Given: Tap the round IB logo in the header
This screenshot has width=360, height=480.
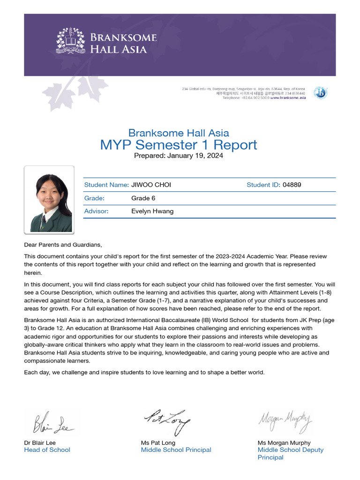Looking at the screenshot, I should tap(320, 93).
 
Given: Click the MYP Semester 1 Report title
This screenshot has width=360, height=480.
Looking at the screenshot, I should tap(179, 145).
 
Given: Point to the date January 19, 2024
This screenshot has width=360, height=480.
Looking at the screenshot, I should tap(195, 156).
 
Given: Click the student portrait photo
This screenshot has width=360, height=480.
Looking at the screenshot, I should tap(49, 200).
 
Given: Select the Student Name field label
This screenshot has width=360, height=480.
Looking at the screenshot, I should tap(106, 185).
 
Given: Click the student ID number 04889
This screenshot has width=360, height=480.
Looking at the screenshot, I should tap(292, 185).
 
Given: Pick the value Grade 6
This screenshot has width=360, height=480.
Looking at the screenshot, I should tap(143, 198).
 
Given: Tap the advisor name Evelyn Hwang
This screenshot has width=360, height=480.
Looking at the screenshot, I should tap(152, 211).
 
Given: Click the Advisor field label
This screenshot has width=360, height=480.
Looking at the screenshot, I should tap(96, 211).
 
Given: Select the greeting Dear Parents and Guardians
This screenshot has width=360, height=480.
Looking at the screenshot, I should tap(63, 245).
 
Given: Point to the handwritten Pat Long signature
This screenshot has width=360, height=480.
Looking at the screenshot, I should tap(166, 420).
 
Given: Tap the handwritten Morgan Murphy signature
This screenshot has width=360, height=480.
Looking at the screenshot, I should tap(285, 420).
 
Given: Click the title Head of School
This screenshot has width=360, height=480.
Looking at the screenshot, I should tap(47, 450).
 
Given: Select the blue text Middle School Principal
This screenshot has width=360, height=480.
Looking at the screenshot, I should tap(176, 450).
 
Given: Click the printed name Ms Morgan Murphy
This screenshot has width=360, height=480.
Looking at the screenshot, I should tap(284, 443).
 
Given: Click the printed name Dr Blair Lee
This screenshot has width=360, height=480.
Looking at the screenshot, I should tap(40, 443).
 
